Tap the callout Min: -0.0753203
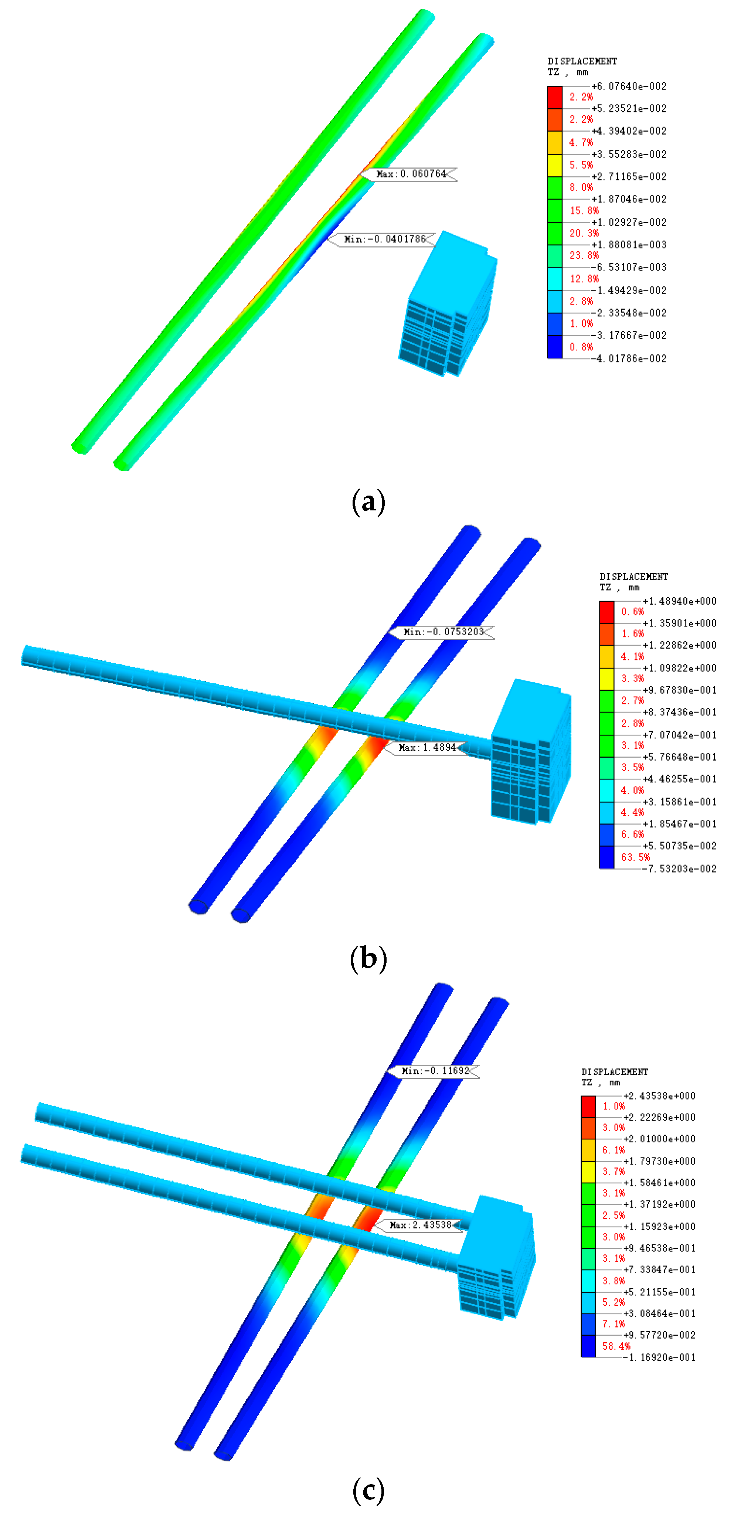[x=443, y=632]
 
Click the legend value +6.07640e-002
[x=629, y=86]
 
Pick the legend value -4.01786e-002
[x=629, y=358]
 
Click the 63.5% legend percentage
[x=635, y=857]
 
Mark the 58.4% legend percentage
[x=616, y=1346]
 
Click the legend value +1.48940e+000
[x=679, y=601]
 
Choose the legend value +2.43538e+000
[x=659, y=1096]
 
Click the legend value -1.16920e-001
[x=659, y=1357]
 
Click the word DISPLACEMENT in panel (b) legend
[x=633, y=576]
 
